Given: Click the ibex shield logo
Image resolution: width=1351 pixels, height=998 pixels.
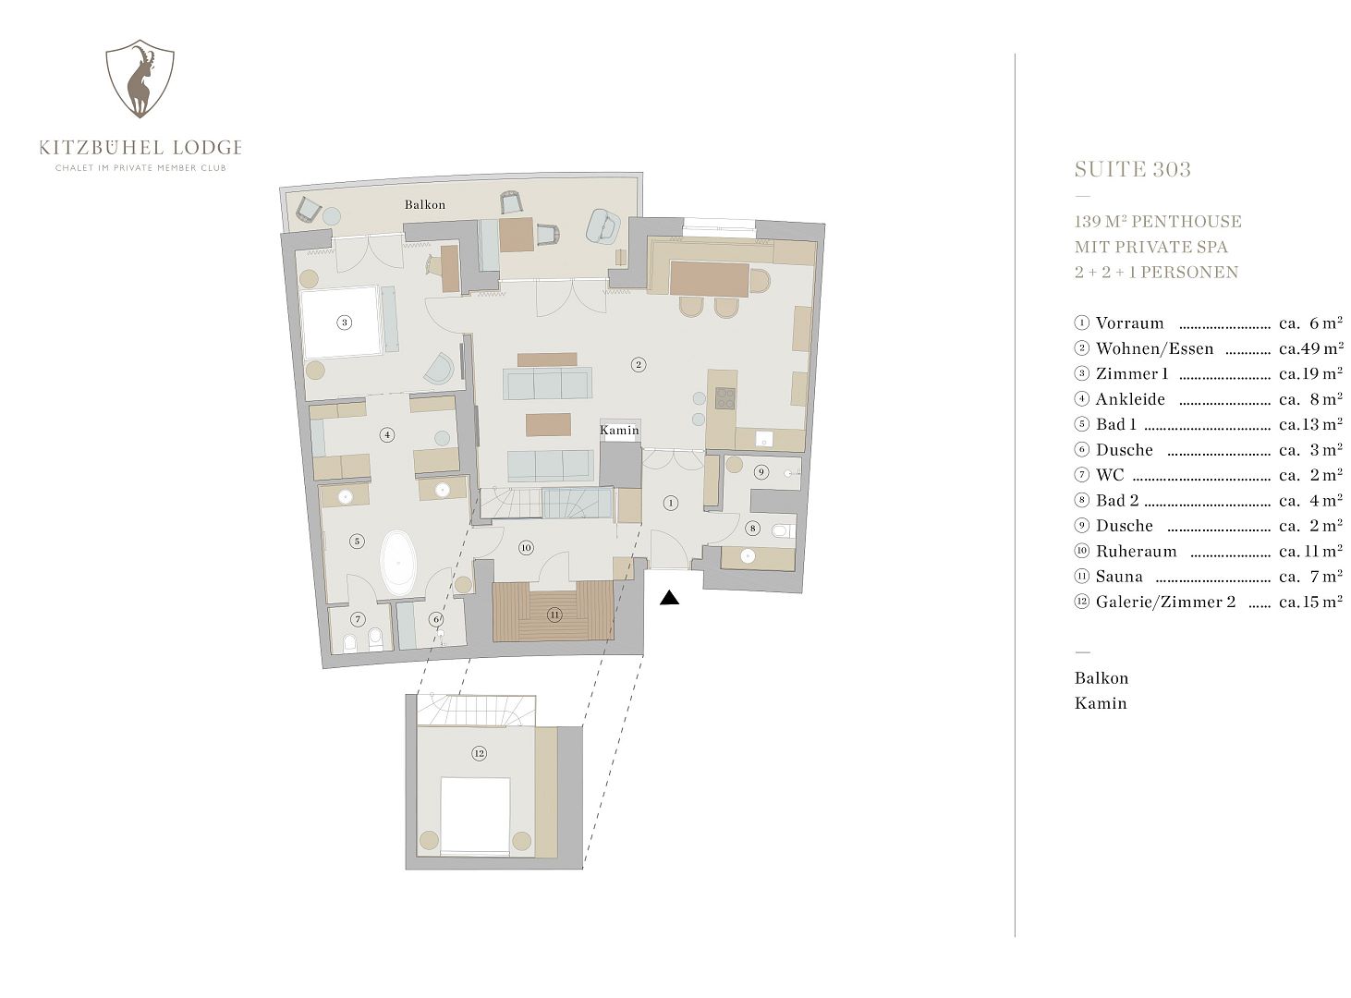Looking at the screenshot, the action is (140, 79).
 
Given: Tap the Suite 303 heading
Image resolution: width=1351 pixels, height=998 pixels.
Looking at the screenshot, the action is (1132, 169).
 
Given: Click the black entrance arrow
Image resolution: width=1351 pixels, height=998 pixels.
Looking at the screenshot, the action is (669, 597).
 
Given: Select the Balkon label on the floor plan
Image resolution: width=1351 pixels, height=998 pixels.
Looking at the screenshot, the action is (424, 205).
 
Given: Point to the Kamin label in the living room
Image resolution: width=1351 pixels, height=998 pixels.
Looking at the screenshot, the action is (619, 430).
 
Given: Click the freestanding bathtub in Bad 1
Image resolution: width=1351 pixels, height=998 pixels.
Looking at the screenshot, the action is (398, 563).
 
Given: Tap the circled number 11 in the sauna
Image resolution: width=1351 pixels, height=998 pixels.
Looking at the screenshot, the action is (554, 615).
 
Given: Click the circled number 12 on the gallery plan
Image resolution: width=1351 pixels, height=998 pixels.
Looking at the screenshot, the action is (479, 754).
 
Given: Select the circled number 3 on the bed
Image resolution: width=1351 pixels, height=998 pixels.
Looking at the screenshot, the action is (344, 323).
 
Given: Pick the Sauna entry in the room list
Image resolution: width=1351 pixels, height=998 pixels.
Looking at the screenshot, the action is (1119, 577).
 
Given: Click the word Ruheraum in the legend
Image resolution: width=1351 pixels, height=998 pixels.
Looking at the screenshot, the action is (1136, 552).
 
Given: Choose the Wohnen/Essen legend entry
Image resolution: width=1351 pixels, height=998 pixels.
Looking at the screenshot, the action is (1154, 348).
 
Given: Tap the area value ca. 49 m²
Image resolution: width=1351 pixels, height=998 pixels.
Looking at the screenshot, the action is (1310, 347).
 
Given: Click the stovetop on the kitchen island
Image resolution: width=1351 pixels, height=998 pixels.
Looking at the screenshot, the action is (724, 398).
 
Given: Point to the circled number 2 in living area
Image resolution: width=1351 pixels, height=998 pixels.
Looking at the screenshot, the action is (638, 365).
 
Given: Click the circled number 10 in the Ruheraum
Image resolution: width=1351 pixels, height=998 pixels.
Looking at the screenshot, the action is (526, 548).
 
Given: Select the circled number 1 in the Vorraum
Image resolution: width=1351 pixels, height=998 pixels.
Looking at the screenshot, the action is (670, 503).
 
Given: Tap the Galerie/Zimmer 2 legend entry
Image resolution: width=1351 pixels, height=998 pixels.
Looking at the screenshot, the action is (1165, 602).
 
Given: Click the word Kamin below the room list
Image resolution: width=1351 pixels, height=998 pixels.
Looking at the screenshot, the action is (1101, 704).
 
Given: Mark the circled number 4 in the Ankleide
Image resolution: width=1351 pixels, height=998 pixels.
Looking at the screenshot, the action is (387, 435).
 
